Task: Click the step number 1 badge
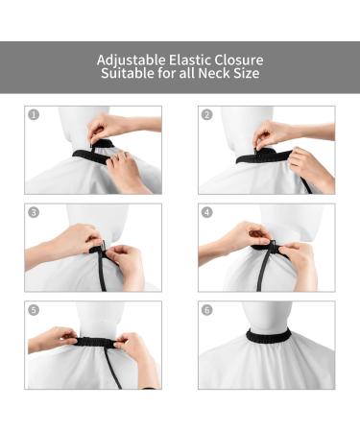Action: (x=34, y=115)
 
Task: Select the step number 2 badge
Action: (x=206, y=115)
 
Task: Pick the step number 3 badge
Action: (x=34, y=212)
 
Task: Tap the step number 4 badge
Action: (x=206, y=212)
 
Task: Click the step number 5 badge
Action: (x=34, y=311)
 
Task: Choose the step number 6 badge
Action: (x=206, y=311)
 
